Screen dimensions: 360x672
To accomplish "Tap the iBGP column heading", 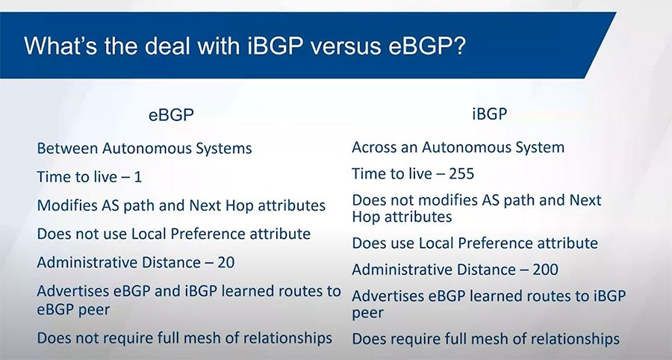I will click(489, 115).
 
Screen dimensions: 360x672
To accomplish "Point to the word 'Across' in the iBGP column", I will click(376, 147).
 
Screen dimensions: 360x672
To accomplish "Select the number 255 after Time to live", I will click(460, 174).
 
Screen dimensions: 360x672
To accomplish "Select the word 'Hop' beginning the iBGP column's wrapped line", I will click(367, 217).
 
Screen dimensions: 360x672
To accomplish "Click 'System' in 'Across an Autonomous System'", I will click(539, 147).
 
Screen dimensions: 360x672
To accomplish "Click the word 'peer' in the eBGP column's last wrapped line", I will click(98, 308).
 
